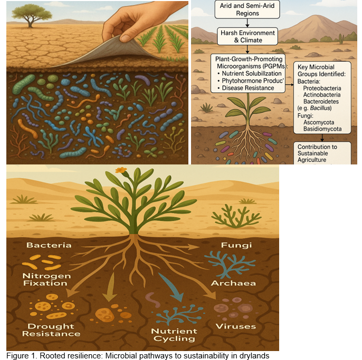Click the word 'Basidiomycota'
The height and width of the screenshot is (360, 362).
(x=323, y=129)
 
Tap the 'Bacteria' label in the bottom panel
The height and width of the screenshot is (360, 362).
(x=49, y=246)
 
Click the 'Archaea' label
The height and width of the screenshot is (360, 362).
(x=233, y=284)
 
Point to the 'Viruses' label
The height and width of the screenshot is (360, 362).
(x=235, y=326)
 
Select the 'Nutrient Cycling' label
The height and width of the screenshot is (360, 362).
(x=174, y=334)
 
